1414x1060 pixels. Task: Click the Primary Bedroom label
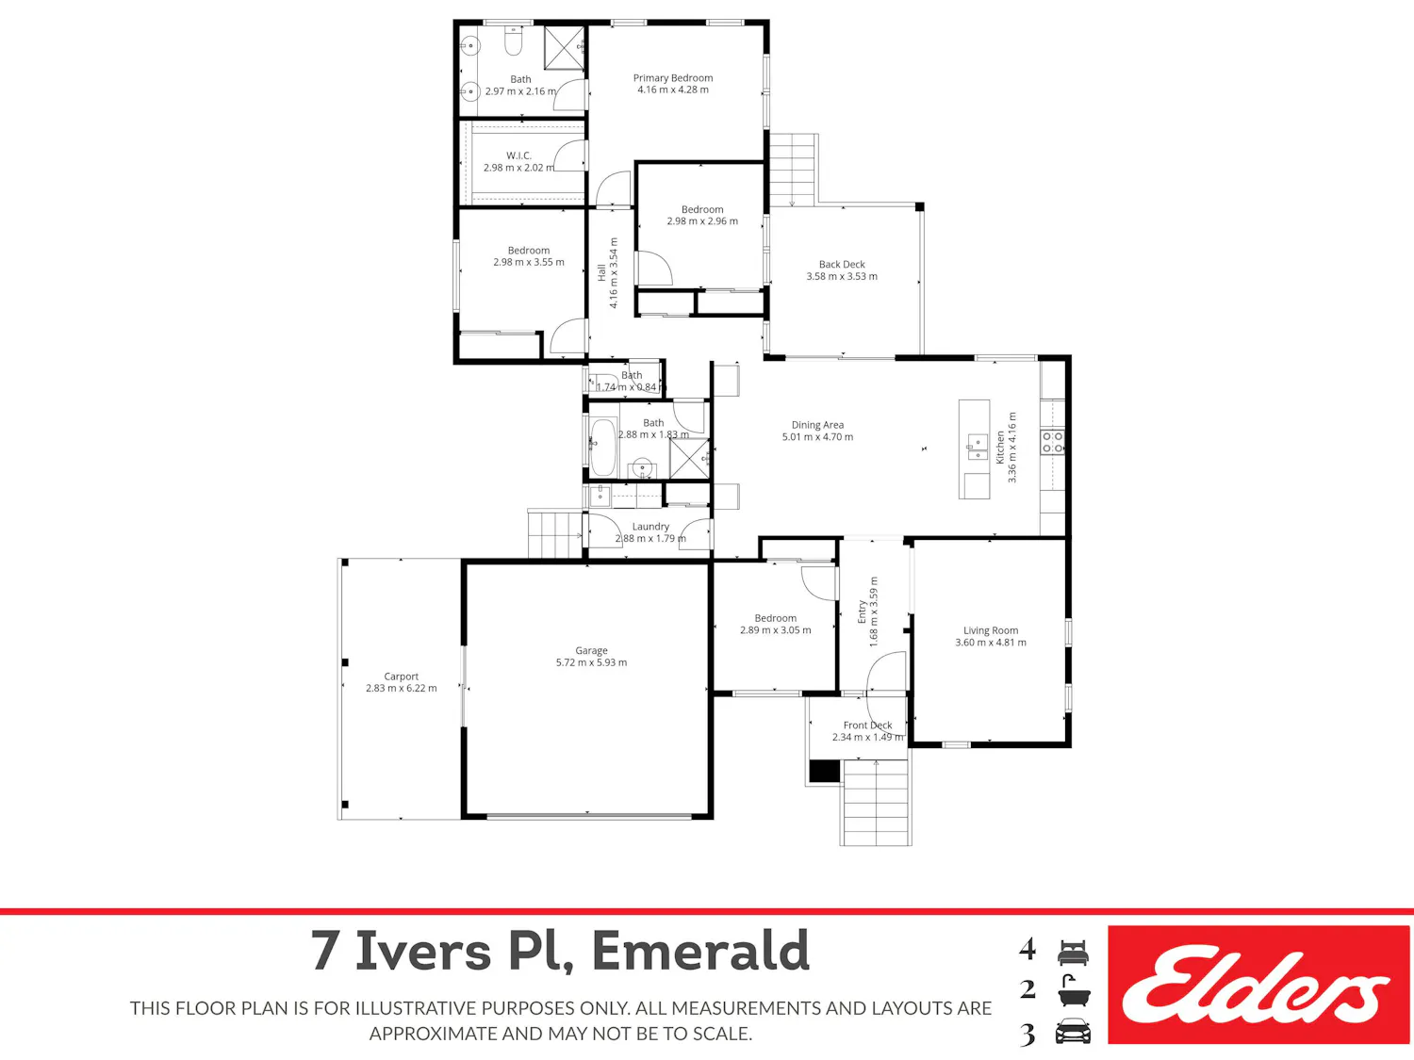tap(672, 78)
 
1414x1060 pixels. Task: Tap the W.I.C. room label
tap(518, 155)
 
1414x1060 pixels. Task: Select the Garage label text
tap(591, 651)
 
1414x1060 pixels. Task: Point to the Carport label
tap(401, 677)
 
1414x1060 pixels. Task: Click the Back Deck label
tap(841, 265)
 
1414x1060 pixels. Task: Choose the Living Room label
tap(990, 630)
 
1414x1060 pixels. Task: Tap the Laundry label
tap(650, 527)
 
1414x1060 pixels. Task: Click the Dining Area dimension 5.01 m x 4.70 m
tap(817, 437)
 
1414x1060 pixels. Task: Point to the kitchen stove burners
tap(1053, 442)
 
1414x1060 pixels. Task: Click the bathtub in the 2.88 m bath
tap(603, 448)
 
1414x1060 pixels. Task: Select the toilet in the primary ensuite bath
tap(514, 41)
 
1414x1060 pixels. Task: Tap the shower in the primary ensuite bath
tap(565, 48)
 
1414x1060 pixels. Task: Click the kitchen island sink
tap(978, 447)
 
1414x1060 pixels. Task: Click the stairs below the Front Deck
tap(876, 802)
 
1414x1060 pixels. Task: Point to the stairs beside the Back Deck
tap(794, 170)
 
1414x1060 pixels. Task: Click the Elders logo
tap(1258, 985)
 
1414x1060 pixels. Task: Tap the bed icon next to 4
tap(1073, 953)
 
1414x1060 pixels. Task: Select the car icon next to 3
tap(1073, 1031)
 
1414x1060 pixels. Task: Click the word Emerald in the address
tap(700, 951)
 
